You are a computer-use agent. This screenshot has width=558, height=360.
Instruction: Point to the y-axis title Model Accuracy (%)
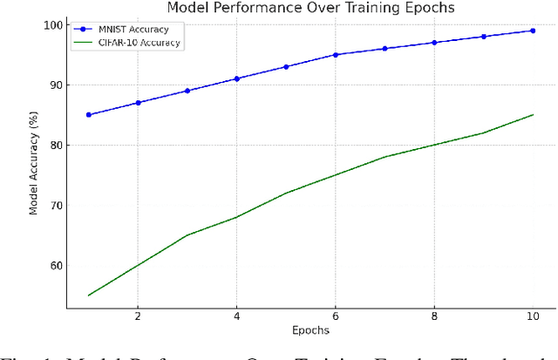pyautogui.click(x=33, y=162)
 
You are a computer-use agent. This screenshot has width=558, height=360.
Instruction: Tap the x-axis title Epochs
pyautogui.click(x=310, y=330)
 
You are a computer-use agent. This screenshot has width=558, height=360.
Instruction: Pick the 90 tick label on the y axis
pyautogui.click(x=55, y=85)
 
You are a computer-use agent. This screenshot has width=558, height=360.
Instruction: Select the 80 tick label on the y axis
pyautogui.click(x=55, y=146)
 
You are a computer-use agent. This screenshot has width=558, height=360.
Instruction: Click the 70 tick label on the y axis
pyautogui.click(x=55, y=206)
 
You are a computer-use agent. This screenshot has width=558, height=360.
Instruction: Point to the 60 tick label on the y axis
pyautogui.click(x=55, y=266)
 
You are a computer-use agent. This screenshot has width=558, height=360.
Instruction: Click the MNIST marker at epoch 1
pyautogui.click(x=89, y=115)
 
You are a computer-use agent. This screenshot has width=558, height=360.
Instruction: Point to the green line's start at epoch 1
pyautogui.click(x=89, y=295)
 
